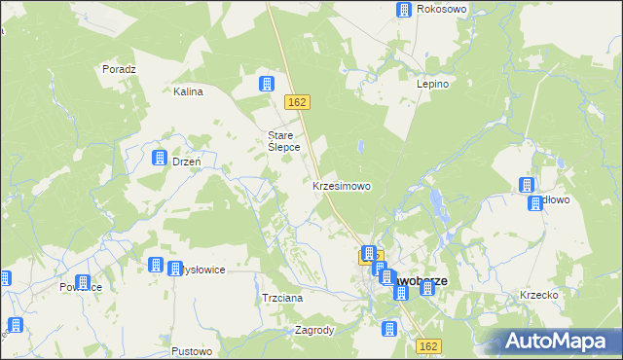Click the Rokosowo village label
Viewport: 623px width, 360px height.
pyautogui.click(x=442, y=10)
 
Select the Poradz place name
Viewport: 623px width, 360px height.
pyautogui.click(x=119, y=69)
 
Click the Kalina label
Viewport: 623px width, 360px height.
pyautogui.click(x=187, y=92)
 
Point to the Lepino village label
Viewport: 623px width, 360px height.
pyautogui.click(x=432, y=84)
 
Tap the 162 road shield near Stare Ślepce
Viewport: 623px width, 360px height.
pyautogui.click(x=298, y=102)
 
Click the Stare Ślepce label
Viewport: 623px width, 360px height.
pyautogui.click(x=283, y=141)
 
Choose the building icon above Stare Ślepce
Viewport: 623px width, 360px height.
pyautogui.click(x=265, y=84)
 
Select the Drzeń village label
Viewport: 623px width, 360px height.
pyautogui.click(x=186, y=162)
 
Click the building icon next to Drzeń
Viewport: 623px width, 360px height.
pyautogui.click(x=159, y=158)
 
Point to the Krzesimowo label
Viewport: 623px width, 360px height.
pyautogui.click(x=341, y=185)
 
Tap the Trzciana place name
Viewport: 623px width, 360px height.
pyautogui.click(x=283, y=298)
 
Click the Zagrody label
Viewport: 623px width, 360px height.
pyautogui.click(x=314, y=330)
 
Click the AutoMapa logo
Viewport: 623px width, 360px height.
pyautogui.click(x=559, y=341)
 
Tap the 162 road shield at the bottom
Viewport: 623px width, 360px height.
pyautogui.click(x=428, y=345)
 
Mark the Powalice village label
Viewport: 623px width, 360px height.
pyautogui.click(x=81, y=287)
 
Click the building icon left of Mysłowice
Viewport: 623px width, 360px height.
pyautogui.click(x=155, y=265)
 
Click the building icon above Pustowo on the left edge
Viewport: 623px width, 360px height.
pyautogui.click(x=15, y=325)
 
